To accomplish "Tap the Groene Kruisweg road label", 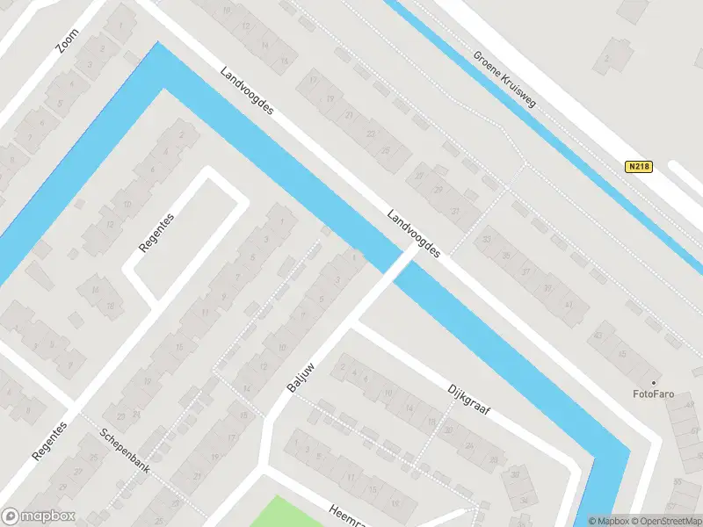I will click(504, 78).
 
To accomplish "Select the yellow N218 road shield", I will click(640, 166).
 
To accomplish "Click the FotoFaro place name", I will click(653, 394).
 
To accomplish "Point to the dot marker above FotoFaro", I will click(653, 382).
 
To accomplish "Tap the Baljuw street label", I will click(301, 375).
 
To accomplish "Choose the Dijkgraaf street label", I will click(467, 401).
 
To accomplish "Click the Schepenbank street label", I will click(124, 451).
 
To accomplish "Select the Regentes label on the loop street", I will click(158, 233).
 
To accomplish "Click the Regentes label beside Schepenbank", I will click(49, 442).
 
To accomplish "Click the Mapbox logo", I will click(39, 516).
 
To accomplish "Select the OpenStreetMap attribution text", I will click(664, 521).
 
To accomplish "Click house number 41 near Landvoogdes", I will click(569, 305).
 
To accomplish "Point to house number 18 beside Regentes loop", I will click(111, 306).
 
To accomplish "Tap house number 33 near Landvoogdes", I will click(487, 239).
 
